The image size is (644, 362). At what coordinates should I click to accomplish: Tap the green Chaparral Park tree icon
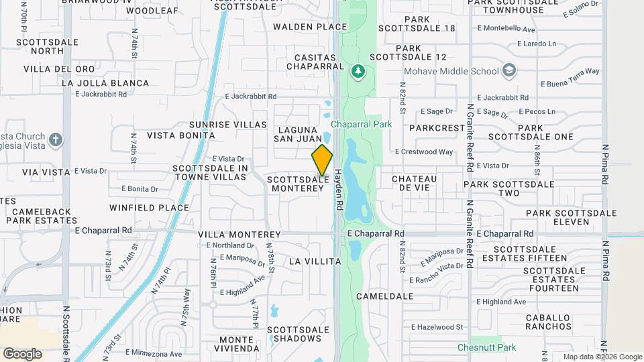[x=358, y=70]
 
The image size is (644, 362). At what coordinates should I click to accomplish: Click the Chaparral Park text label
[x=361, y=124]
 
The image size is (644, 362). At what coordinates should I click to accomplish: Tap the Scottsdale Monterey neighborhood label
[x=298, y=184]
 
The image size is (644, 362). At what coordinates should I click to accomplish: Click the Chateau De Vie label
[x=414, y=184]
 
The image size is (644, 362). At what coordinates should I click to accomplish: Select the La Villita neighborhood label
[x=315, y=261]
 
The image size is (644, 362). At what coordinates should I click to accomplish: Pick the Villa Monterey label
[x=239, y=235]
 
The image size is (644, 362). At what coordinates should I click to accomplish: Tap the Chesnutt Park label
[x=486, y=347]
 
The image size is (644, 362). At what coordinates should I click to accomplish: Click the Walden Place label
[x=310, y=27]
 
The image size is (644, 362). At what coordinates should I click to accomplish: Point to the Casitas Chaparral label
[x=310, y=62]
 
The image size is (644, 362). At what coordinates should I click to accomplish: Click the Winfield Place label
[x=149, y=208]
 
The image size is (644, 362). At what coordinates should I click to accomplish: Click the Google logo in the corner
[x=22, y=353]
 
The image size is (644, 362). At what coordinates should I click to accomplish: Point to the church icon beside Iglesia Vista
[x=56, y=140]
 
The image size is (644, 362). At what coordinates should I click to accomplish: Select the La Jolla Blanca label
[x=105, y=83]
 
